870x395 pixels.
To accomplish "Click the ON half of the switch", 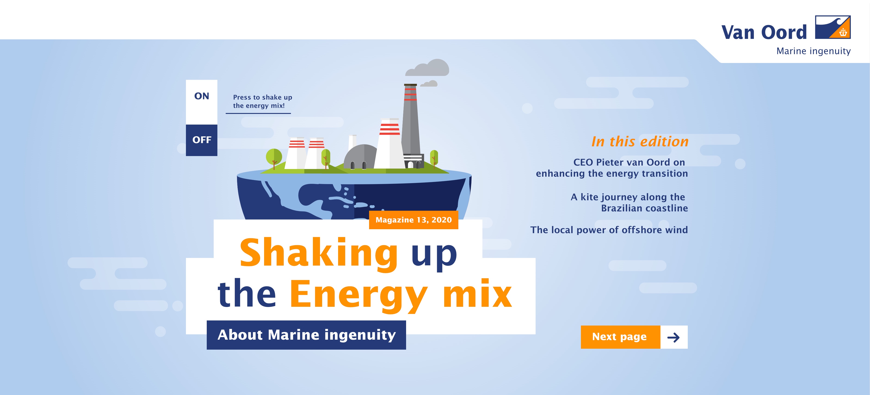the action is pos(202,102).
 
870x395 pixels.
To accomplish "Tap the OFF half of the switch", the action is pos(202,140).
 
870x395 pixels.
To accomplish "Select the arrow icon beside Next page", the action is pos(673,337).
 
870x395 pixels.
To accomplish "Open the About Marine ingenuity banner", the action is pos(306,335).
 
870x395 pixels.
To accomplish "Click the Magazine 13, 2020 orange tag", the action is pos(413,220).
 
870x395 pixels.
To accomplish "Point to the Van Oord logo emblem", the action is pos(833,27).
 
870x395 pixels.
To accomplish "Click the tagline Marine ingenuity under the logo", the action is pos(813,51).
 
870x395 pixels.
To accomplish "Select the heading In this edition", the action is pos(640,141).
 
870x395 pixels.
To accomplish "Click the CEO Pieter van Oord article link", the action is pos(612,168).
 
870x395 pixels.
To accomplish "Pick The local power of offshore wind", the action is pos(609,230).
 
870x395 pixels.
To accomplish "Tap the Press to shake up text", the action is pos(262,101).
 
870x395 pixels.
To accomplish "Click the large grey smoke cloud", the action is pos(428,68).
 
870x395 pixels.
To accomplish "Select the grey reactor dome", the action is pos(360,157).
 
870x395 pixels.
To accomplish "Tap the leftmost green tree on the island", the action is pos(274,158).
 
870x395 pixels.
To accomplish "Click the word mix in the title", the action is pos(477,294).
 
